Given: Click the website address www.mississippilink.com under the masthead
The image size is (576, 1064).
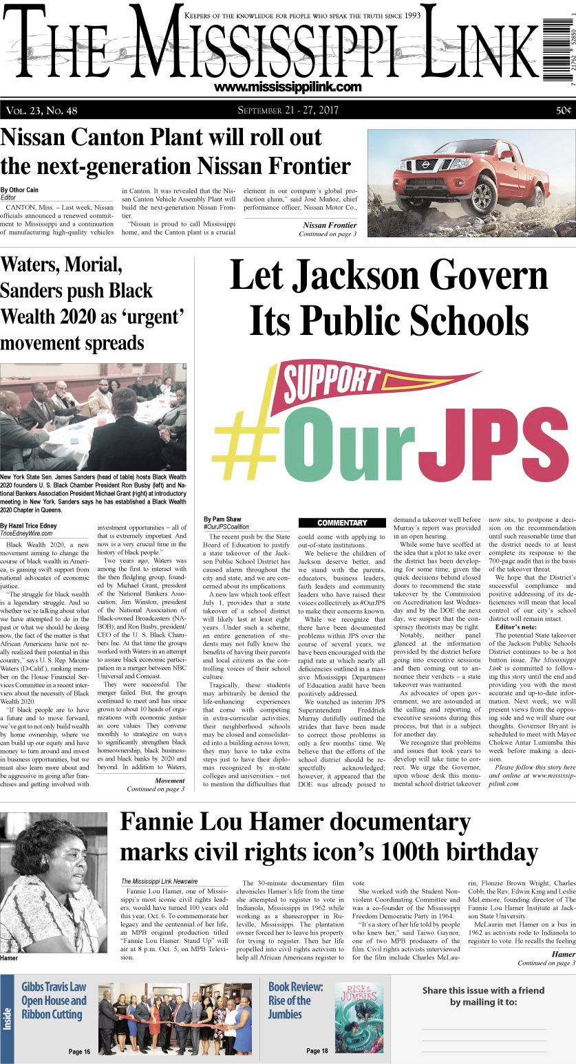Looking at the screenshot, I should (288, 87).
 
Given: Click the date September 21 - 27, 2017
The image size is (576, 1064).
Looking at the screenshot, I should (288, 111).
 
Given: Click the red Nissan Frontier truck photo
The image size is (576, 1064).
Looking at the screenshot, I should (471, 184).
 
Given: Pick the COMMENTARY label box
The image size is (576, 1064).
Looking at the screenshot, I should (342, 523).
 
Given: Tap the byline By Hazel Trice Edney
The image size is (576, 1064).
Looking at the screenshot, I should (33, 525).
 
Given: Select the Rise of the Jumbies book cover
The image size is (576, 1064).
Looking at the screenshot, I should (359, 1008).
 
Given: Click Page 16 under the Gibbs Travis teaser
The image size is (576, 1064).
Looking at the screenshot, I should (79, 1051).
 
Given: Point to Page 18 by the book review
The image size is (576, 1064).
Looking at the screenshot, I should (317, 1051).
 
